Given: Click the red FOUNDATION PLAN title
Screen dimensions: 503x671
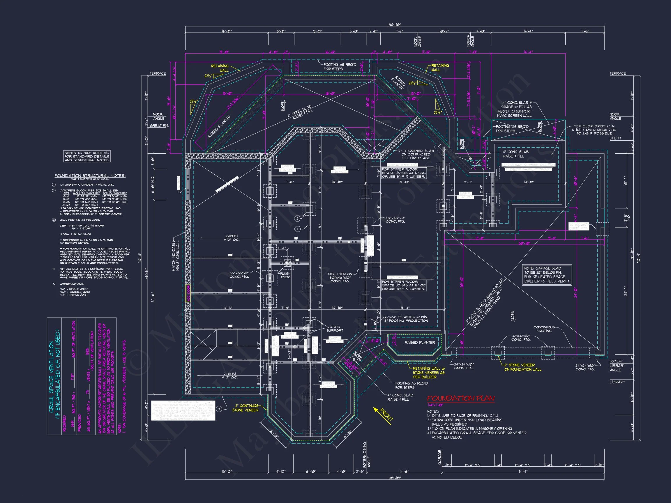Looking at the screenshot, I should [460, 398].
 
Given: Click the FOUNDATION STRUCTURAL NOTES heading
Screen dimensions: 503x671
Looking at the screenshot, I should [90, 176].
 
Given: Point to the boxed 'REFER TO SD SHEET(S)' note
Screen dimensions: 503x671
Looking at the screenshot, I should [87, 156].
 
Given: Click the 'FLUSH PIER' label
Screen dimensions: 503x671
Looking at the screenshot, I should [285, 275].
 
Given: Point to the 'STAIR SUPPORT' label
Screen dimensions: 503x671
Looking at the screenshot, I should [335, 329].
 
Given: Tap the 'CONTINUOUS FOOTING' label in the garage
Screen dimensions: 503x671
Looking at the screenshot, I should [544, 329].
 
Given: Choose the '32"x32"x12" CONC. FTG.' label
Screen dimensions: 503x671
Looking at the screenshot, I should [520, 338].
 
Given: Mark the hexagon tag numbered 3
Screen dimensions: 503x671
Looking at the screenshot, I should [219, 409].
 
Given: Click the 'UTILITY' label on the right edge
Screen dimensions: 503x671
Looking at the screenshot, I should [615, 138].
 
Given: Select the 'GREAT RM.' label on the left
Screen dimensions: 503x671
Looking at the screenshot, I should [159, 125].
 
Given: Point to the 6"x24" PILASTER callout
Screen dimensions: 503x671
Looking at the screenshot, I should [406, 319].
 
